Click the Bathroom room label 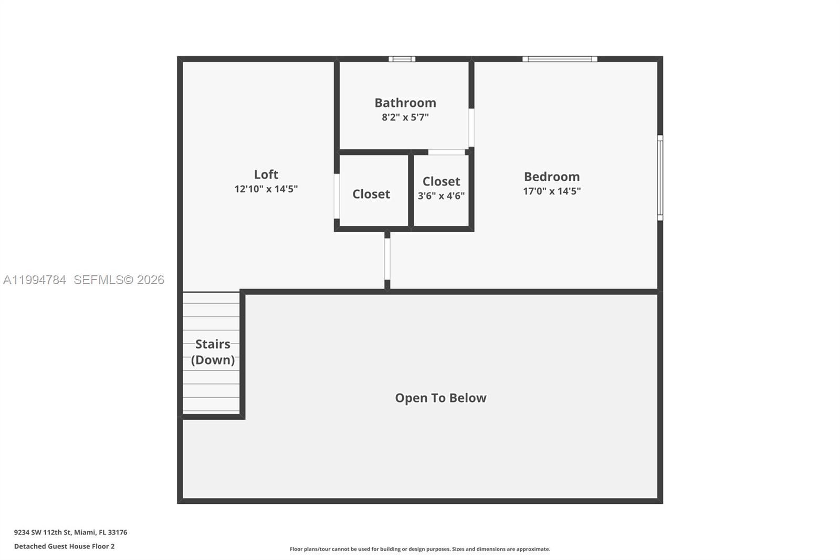[405, 102]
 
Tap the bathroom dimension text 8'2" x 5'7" [405, 117]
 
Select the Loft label [266, 174]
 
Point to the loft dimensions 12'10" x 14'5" [266, 189]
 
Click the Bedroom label [551, 177]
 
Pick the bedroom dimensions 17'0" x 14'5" [551, 191]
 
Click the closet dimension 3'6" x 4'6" [441, 196]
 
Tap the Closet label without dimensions [371, 194]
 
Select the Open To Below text [440, 398]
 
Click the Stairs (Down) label [213, 352]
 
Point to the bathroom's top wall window [402, 59]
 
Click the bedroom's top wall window [560, 59]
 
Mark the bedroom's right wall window [660, 178]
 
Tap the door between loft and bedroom [387, 259]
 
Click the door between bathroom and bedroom [471, 128]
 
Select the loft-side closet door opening [337, 196]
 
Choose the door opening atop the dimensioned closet [446, 152]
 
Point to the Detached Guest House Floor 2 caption [64, 546]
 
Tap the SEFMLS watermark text [119, 280]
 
